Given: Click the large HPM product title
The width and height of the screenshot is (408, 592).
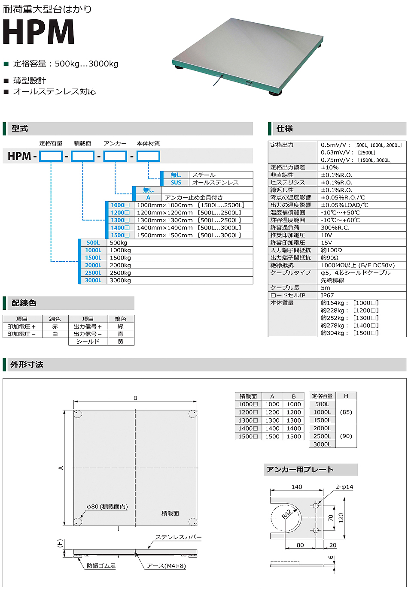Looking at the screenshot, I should coord(39,32).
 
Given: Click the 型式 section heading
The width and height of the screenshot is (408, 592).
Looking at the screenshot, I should coord(20,128).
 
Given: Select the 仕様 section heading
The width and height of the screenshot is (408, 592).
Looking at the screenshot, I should coord(285,128).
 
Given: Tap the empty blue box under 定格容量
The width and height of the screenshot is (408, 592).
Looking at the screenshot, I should coord(51,156).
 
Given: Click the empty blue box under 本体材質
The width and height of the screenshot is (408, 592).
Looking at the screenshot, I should coord(148,156).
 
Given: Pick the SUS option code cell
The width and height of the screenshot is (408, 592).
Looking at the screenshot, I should coord(176,182).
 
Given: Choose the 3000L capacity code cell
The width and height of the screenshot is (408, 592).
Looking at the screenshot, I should coord(93,280).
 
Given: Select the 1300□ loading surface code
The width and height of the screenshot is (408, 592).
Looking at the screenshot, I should coord(120,220).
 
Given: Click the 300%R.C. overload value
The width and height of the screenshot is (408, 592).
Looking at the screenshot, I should coord(335,227).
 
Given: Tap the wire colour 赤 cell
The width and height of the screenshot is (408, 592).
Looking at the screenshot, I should coord(55,326).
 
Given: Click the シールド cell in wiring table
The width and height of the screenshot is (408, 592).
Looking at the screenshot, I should coord(88,341).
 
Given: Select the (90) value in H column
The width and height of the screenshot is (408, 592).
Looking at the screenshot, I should coord(346,436).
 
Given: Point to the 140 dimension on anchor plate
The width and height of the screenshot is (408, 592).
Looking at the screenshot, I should coord(297,487).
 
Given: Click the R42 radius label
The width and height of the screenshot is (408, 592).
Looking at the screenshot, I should coord(286,513).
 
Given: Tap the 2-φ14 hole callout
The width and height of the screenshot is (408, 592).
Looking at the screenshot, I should coord(344,487).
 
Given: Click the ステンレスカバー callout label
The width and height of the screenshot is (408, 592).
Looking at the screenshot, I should coord(178,537).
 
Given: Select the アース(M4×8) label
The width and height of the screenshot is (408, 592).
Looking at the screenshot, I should coord(166,566).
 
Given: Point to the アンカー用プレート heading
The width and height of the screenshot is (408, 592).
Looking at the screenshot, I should coord(300,469).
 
